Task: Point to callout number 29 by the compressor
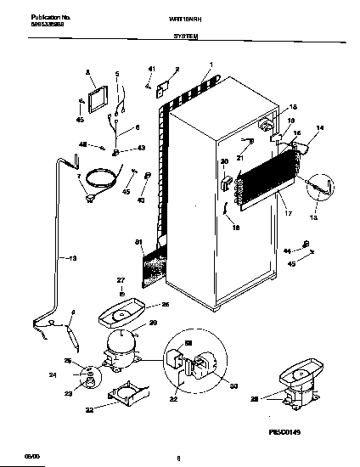point(153,324)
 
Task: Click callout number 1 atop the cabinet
point(211,66)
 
